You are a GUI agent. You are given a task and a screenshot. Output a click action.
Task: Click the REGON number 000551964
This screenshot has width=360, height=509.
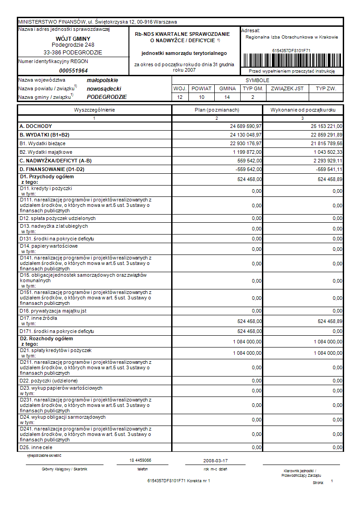(73, 71)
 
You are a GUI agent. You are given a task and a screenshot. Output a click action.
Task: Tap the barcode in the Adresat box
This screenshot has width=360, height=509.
(291, 60)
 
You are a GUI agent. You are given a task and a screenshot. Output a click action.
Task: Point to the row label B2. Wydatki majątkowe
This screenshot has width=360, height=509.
(46, 152)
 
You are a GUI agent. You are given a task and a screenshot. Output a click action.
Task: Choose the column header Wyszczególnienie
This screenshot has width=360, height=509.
(94, 110)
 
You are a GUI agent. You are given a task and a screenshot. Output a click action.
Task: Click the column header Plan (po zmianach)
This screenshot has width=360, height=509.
(217, 110)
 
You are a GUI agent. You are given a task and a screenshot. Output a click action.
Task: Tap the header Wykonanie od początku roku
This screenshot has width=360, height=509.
(303, 110)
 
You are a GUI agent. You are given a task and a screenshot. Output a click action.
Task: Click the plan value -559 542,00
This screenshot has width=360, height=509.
(247, 169)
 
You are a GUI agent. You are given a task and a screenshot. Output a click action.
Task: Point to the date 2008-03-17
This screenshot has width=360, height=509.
(216, 460)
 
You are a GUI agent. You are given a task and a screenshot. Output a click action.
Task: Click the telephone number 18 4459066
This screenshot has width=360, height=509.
(140, 460)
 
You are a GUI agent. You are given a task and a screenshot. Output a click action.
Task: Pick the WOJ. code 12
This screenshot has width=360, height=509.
(180, 97)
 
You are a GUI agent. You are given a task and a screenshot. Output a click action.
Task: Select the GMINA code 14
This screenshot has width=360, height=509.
(227, 97)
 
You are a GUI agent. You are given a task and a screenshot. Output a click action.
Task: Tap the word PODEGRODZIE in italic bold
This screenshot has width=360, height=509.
(107, 97)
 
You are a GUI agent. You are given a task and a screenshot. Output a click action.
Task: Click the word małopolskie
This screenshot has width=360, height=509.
(102, 80)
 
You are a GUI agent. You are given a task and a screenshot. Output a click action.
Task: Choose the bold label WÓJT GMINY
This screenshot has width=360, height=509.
(73, 39)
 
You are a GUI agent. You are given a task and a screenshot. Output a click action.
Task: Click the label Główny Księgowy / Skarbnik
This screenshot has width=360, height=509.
(64, 469)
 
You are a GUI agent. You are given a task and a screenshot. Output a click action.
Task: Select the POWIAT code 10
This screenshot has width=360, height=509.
(202, 97)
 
